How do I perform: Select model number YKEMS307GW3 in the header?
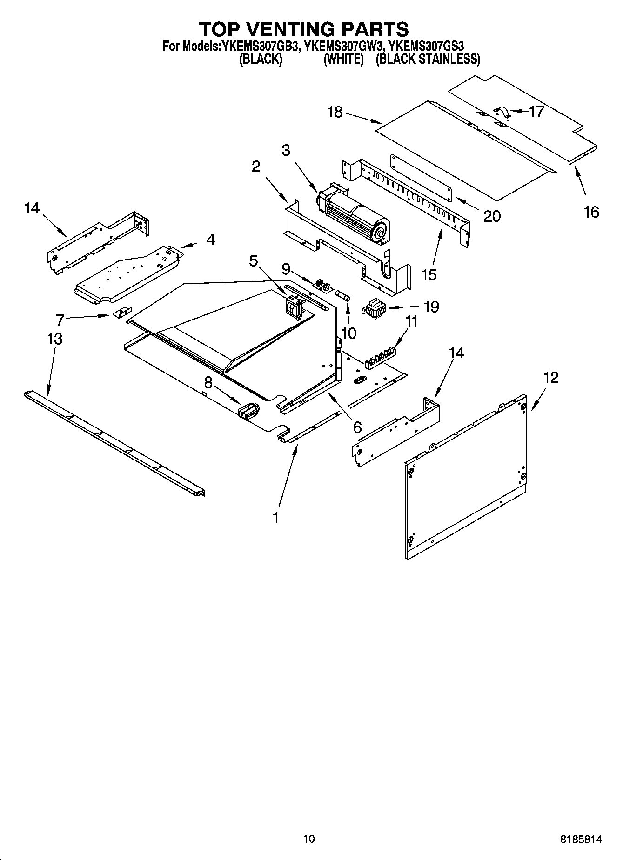tap(345, 46)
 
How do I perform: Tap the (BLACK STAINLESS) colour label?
tap(428, 59)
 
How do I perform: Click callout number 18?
tap(335, 112)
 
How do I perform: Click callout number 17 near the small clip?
tap(536, 112)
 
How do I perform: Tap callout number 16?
tap(591, 212)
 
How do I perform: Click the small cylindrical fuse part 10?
tap(344, 296)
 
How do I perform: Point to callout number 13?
tap(55, 339)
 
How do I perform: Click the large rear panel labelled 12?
tap(465, 479)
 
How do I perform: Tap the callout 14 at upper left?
tap(32, 208)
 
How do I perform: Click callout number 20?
tap(492, 216)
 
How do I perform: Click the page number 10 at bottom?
tap(308, 839)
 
